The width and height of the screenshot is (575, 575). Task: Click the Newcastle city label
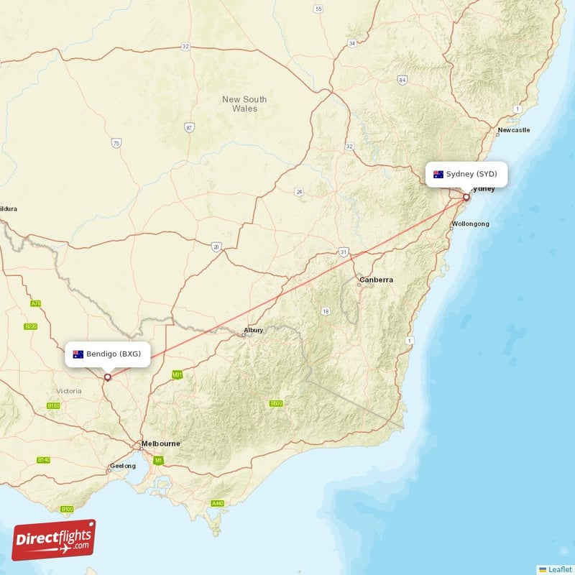click(513, 130)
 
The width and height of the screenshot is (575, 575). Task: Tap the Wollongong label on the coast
click(471, 224)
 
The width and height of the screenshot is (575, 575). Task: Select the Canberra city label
click(377, 280)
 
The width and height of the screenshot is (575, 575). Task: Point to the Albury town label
click(253, 331)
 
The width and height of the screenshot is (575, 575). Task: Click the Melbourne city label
click(161, 443)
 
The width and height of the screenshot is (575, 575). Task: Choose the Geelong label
click(122, 466)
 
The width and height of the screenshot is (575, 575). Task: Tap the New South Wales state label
click(244, 104)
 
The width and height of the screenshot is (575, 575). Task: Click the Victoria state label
click(68, 390)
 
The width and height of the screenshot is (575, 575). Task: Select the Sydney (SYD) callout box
click(466, 174)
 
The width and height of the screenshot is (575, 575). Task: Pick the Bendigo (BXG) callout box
click(108, 354)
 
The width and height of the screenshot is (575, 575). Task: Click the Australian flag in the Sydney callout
click(438, 174)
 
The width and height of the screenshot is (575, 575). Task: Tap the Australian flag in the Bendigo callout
click(78, 354)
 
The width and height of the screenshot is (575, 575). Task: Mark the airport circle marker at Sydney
click(466, 198)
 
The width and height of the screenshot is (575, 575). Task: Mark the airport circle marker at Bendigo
click(108, 377)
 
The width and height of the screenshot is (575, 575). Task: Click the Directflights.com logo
click(54, 540)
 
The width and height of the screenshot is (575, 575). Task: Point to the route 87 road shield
click(189, 128)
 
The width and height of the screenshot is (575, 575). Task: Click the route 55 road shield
click(318, 9)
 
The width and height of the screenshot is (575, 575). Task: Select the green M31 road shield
click(177, 374)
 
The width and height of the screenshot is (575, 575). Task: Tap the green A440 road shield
click(218, 503)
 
